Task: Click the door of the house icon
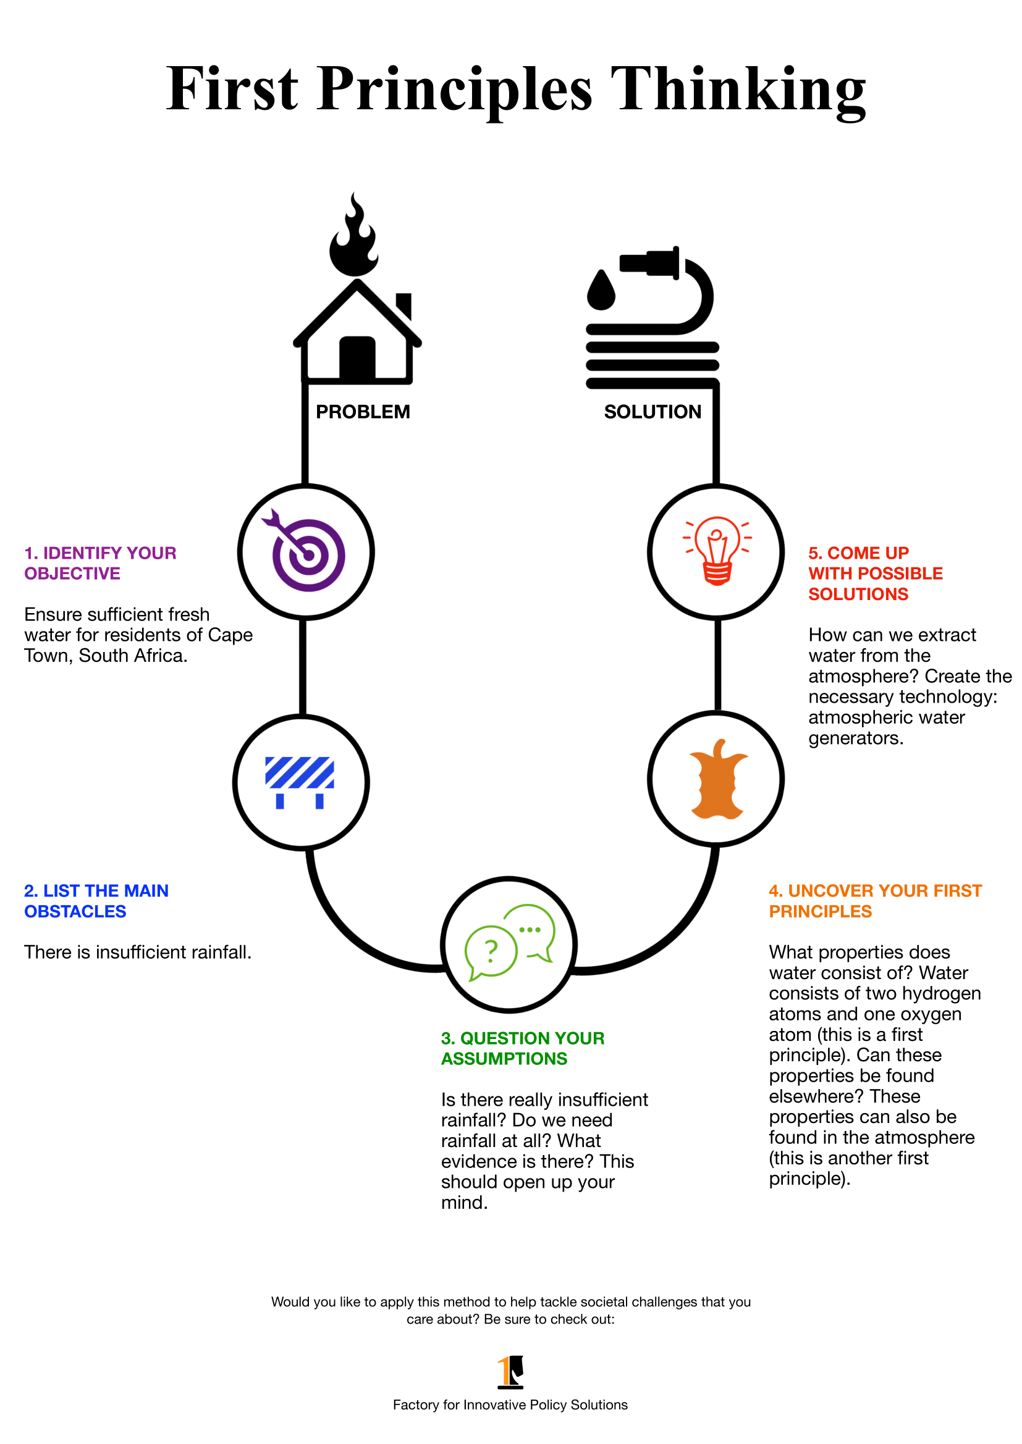(x=357, y=359)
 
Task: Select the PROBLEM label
(x=363, y=412)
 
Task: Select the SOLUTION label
(x=652, y=412)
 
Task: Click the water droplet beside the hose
(x=601, y=291)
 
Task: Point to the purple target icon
(x=307, y=553)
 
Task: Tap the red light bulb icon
(x=717, y=550)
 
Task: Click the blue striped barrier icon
(x=300, y=781)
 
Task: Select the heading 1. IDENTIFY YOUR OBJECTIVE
(x=100, y=563)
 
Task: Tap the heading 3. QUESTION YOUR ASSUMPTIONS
(x=522, y=1048)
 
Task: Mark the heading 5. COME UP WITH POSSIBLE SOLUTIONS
(x=875, y=573)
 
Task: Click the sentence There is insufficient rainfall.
(x=138, y=952)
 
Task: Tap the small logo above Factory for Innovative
(x=510, y=1371)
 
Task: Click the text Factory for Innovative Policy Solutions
(x=510, y=1404)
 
